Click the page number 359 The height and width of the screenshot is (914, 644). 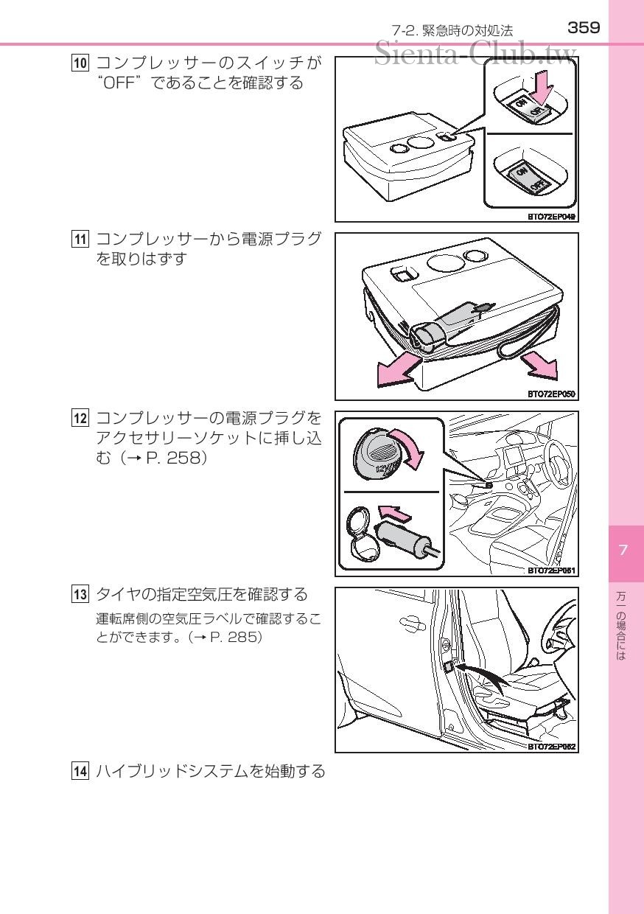pos(584,28)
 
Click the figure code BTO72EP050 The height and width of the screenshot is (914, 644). pos(551,394)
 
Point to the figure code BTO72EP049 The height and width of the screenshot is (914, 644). pos(551,217)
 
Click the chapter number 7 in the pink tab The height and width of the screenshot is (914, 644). pos(623,550)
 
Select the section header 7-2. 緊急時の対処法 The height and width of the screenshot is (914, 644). pos(452,30)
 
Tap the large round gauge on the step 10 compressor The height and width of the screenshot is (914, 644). pos(421,142)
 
